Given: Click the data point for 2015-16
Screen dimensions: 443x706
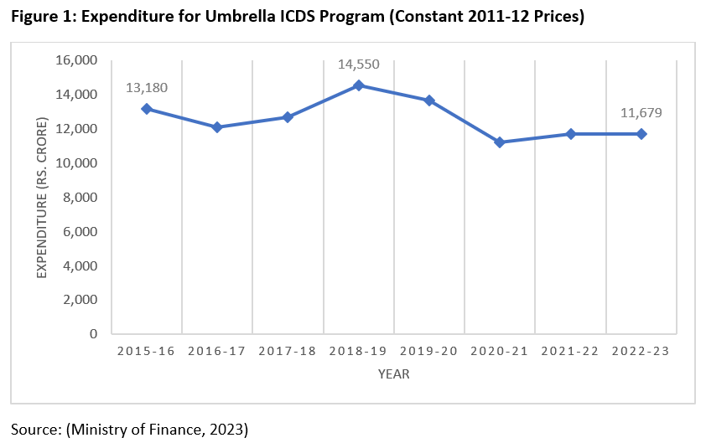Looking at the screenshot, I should pyautogui.click(x=146, y=109).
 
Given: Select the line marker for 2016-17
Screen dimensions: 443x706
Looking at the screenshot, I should pyautogui.click(x=217, y=127).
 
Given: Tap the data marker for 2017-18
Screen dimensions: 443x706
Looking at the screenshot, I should pyautogui.click(x=288, y=117).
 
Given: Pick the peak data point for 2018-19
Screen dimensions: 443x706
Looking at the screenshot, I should pyautogui.click(x=358, y=85).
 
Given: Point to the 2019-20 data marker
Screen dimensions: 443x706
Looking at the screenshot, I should pyautogui.click(x=429, y=100).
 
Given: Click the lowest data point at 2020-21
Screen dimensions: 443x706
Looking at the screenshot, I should pyautogui.click(x=500, y=142).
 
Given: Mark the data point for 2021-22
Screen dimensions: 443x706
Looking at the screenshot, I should pyautogui.click(x=570, y=134).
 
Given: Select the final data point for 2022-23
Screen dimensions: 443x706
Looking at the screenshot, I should pyautogui.click(x=641, y=134).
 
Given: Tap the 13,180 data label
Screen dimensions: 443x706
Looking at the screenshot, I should pyautogui.click(x=146, y=87).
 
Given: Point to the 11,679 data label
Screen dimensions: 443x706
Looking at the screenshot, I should pyautogui.click(x=641, y=113).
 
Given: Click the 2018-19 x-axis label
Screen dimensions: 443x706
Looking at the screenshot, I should pyautogui.click(x=358, y=352).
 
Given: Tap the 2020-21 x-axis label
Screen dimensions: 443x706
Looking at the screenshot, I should pyautogui.click(x=500, y=352).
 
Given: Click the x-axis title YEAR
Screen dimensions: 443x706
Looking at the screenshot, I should pyautogui.click(x=393, y=374).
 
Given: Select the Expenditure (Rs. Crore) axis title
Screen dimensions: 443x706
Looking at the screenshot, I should pyautogui.click(x=42, y=198).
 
